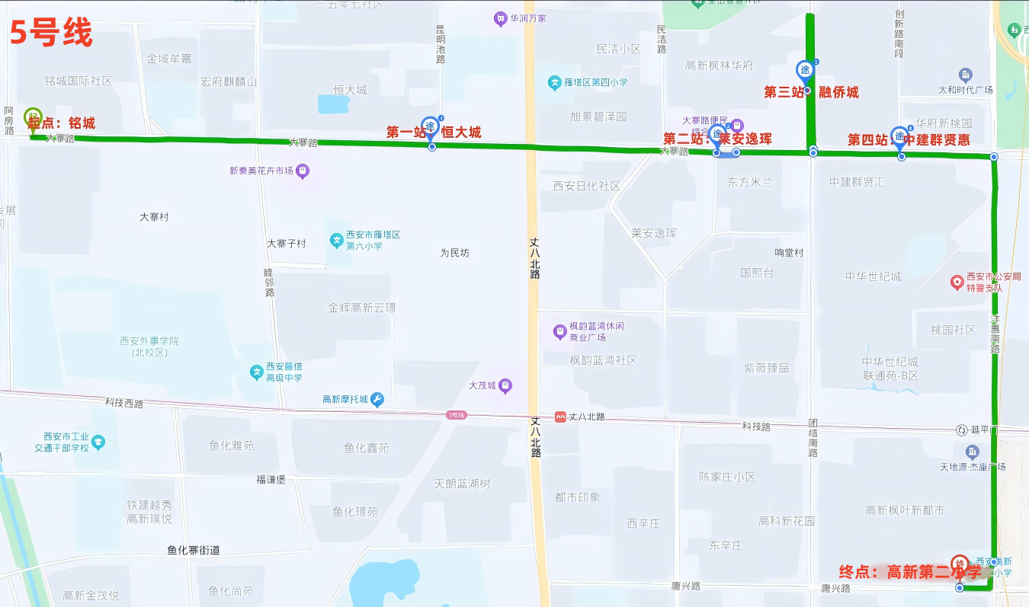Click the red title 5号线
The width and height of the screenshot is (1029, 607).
[51, 33]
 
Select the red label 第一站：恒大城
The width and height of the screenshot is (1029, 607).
[433, 133]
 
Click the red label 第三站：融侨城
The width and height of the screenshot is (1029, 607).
[811, 92]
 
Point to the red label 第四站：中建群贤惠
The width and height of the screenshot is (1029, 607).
[909, 140]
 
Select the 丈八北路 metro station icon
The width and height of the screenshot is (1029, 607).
[560, 417]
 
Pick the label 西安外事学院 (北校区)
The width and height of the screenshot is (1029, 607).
[149, 347]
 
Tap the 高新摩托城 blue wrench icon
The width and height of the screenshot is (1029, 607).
[377, 399]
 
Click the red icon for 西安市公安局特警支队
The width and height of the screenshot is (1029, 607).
[957, 283]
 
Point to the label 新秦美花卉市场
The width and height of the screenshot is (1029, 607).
[261, 171]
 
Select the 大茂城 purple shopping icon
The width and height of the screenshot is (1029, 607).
[505, 386]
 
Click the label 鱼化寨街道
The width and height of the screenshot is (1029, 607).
[194, 550]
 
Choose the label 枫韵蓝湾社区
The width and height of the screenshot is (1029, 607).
[602, 360]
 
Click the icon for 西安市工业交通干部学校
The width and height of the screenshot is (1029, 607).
[98, 442]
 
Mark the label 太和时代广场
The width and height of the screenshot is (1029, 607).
[965, 90]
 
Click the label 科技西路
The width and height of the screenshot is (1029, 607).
[124, 403]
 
